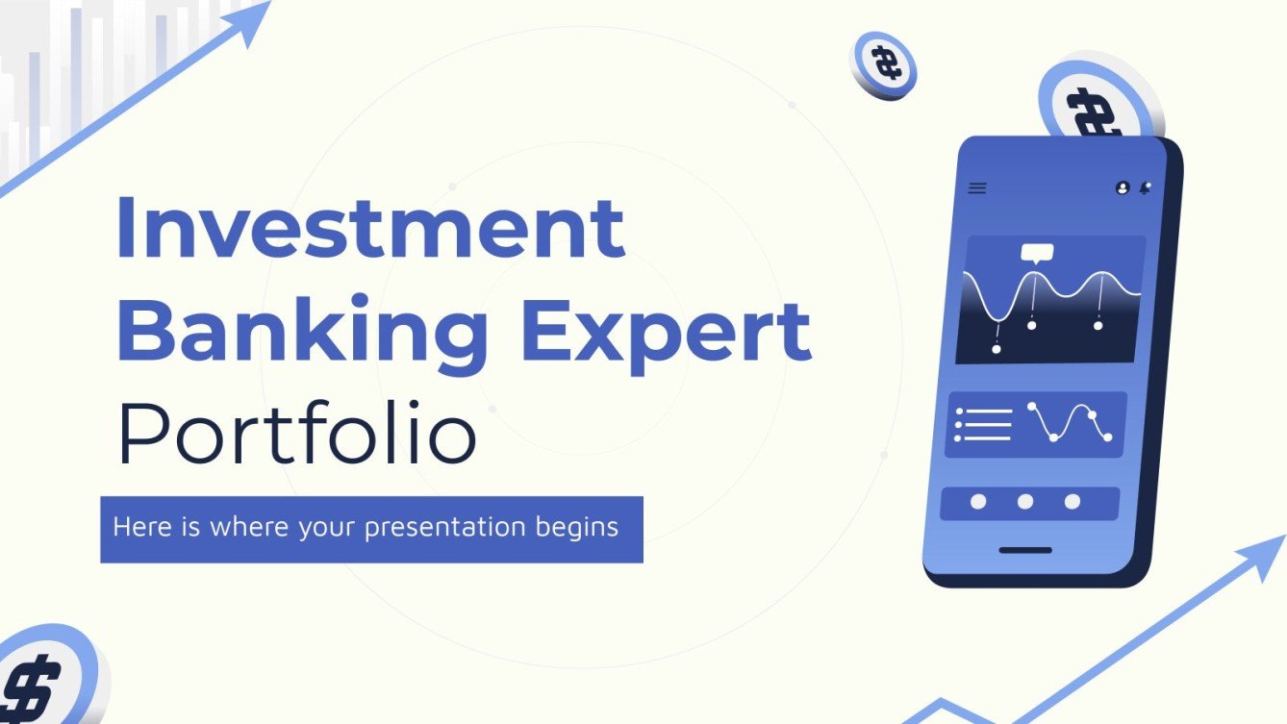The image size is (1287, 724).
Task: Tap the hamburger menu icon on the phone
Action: (977, 188)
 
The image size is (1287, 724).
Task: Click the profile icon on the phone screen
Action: (1123, 188)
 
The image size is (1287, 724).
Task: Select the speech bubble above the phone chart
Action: (1037, 254)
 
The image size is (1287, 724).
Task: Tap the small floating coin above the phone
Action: (882, 65)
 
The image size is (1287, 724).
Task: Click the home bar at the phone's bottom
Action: (1024, 551)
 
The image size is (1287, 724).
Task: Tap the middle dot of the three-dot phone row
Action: (1025, 502)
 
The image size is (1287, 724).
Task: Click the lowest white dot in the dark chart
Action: (997, 349)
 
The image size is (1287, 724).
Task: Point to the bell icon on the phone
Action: (1145, 188)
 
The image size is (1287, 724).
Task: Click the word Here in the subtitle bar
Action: (135, 527)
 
